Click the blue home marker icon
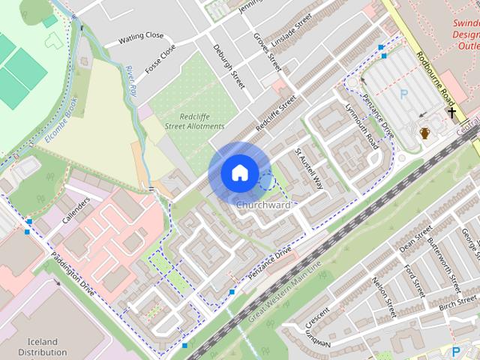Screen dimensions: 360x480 (x=239, y=172)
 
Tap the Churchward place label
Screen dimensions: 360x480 (x=262, y=205)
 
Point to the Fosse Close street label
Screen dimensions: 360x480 (x=160, y=58)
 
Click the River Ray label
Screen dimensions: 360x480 (x=132, y=79)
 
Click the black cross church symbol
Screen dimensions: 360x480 (x=451, y=112)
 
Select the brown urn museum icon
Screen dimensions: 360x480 (x=424, y=133)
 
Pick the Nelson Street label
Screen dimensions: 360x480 (x=382, y=297)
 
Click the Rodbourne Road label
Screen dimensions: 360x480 (x=438, y=75)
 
